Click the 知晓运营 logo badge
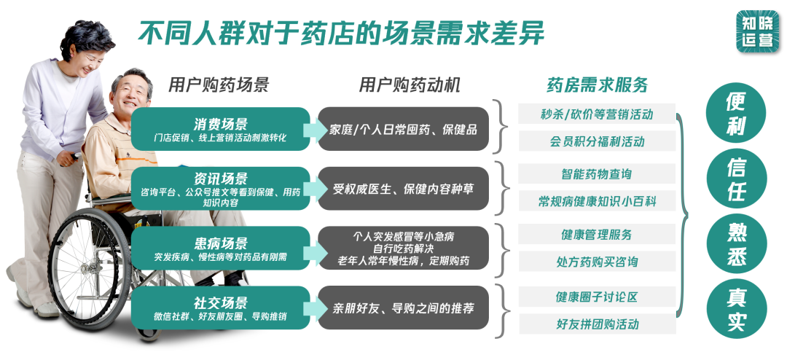(x=758, y=30)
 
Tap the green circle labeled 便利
(x=736, y=114)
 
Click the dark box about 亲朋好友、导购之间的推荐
(x=403, y=308)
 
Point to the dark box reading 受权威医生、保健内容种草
(x=403, y=189)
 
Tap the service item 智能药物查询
(x=597, y=174)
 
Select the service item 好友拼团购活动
(x=597, y=324)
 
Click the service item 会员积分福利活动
(x=597, y=141)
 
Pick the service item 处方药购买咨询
(x=597, y=262)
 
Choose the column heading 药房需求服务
(x=597, y=85)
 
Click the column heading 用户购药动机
(x=410, y=85)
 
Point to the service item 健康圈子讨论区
(x=597, y=297)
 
